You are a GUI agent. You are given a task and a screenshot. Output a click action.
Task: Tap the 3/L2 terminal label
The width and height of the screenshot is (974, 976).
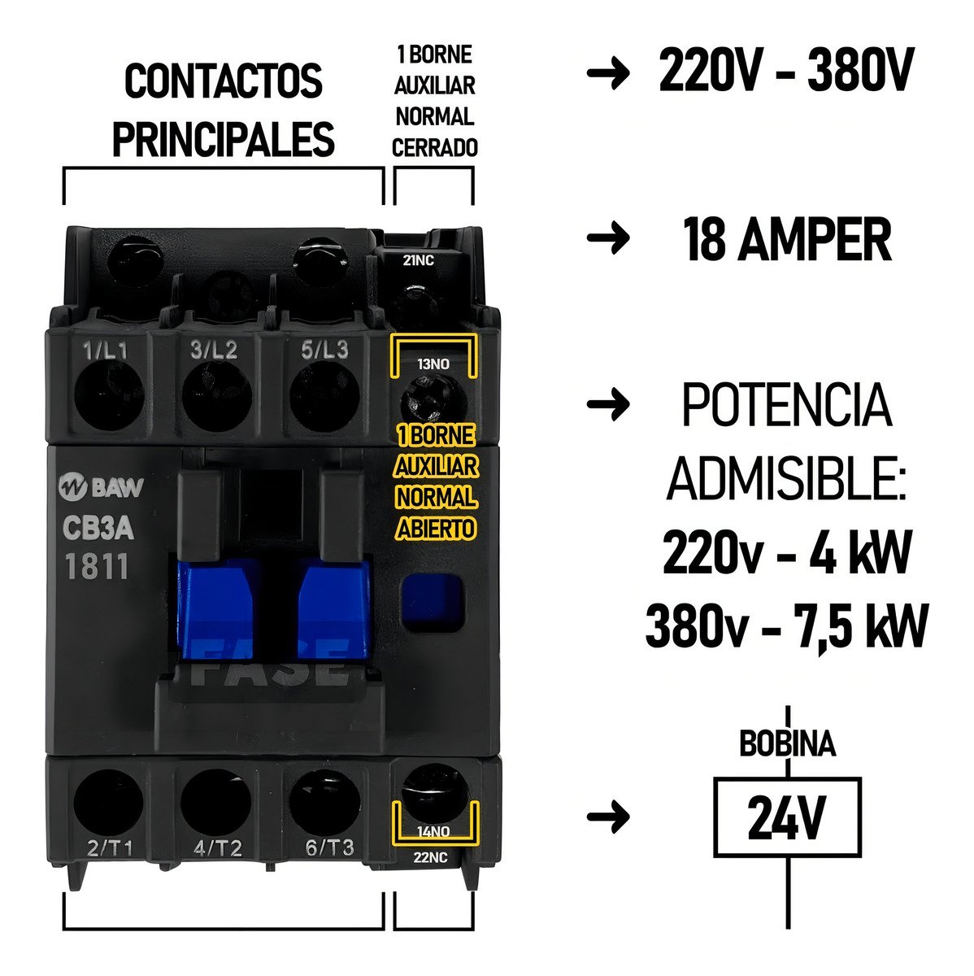coord(214,351)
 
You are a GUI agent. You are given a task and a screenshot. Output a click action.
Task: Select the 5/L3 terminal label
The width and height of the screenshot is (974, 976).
coord(324,351)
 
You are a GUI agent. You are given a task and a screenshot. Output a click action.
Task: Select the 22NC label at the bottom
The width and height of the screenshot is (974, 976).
coord(431,856)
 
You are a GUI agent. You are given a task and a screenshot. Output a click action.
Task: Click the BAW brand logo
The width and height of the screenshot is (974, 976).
coord(101,489)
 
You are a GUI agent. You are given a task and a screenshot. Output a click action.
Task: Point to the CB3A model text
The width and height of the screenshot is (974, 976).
coord(98,529)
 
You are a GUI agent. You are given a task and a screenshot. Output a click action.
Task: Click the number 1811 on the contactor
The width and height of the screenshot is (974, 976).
coord(96,566)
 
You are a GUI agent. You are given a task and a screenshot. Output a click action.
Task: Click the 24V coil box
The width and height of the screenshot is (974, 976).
coord(786,817)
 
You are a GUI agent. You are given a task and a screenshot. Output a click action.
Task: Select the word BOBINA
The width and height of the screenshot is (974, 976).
coord(786,744)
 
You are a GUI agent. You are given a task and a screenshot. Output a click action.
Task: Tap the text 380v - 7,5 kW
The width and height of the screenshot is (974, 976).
coord(785,627)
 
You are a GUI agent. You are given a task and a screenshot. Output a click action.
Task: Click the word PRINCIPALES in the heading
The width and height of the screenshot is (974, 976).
coord(223,139)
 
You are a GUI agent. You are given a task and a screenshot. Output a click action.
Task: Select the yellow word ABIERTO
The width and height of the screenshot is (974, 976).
coord(435,529)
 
